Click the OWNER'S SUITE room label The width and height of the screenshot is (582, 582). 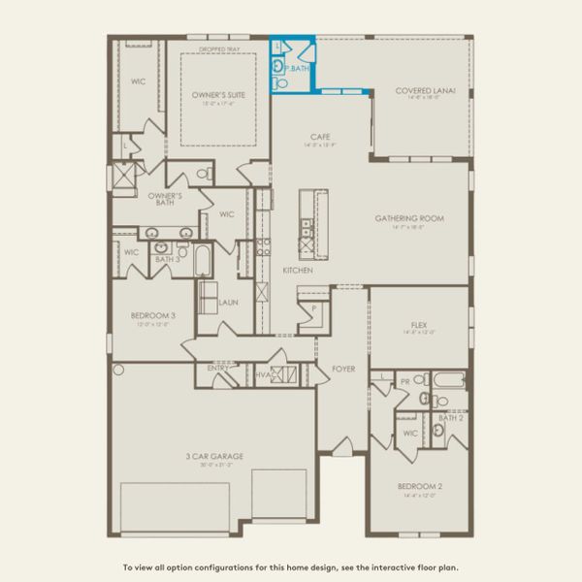(x=217, y=94)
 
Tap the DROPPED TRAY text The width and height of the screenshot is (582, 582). (x=217, y=48)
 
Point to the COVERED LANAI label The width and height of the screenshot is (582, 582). (x=419, y=91)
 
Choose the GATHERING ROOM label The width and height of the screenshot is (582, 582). (x=409, y=218)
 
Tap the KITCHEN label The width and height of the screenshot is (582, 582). (x=297, y=270)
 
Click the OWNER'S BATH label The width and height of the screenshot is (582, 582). (x=165, y=199)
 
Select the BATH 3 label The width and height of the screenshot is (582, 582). (x=168, y=259)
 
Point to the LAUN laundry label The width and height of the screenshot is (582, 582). (x=229, y=303)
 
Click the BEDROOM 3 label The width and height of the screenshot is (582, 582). (x=153, y=315)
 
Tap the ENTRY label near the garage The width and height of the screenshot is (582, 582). (x=217, y=370)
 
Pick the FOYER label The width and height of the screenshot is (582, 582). (x=343, y=369)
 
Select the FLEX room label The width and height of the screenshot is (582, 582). (x=419, y=326)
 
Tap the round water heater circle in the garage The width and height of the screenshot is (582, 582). (x=119, y=370)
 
